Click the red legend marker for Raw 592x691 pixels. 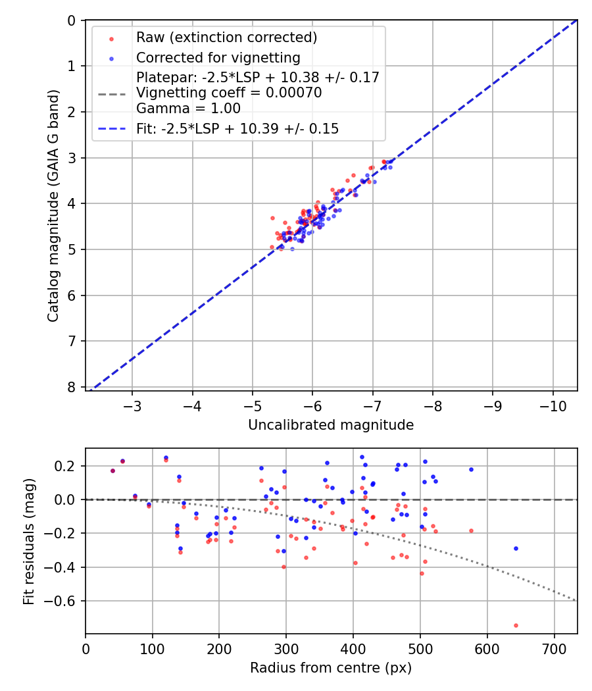point(111,38)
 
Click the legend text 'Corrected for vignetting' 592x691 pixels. point(218,57)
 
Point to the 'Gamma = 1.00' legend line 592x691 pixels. point(188,109)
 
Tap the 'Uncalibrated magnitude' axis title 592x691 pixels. point(331,425)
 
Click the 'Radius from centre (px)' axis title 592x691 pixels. point(331,668)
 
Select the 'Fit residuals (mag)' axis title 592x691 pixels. point(28,541)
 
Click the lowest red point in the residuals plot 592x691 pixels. point(516,625)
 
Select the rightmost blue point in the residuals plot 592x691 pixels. point(516,548)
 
